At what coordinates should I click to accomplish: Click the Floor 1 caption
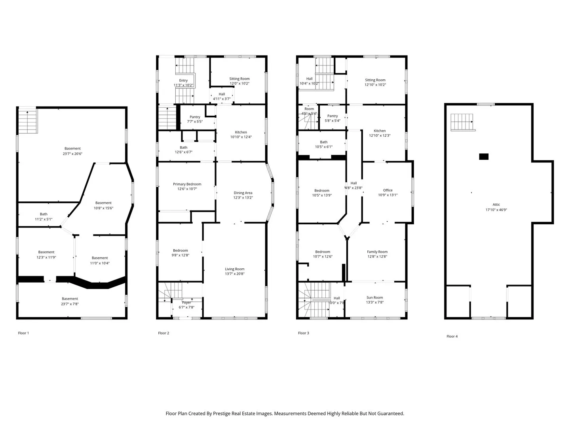tap(23, 333)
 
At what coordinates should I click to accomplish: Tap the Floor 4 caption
tap(452, 336)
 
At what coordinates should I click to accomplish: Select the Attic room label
tap(496, 205)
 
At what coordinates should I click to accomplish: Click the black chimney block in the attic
tap(484, 157)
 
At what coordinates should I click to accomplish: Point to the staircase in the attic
tap(462, 122)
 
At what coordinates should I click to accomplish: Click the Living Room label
tap(235, 269)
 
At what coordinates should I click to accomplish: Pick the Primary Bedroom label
tap(187, 184)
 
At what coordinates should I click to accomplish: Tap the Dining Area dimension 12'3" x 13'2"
tap(243, 198)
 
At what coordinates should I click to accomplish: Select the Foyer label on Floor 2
tap(186, 303)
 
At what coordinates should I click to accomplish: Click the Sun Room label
tap(374, 298)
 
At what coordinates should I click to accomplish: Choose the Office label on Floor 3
tap(388, 190)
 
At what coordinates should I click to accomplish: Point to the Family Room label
tap(377, 252)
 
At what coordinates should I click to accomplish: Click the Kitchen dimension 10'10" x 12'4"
tap(241, 137)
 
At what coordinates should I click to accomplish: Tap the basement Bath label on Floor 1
tap(44, 214)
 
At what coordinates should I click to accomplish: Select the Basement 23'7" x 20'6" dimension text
tap(72, 154)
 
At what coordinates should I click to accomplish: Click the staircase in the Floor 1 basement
tap(28, 121)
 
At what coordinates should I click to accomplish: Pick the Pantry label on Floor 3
tap(332, 116)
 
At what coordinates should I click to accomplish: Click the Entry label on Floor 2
tap(183, 80)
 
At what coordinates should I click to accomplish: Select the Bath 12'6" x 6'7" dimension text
tap(183, 152)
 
